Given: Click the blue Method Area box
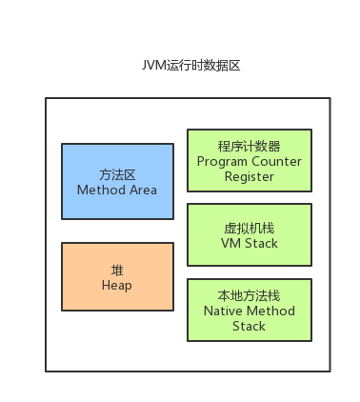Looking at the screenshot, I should (117, 182).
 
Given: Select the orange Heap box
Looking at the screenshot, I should (117, 276).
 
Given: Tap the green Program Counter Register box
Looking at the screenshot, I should (249, 162).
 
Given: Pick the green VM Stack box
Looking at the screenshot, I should (249, 235).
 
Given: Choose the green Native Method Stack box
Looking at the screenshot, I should (249, 311).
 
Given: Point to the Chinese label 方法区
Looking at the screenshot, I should (117, 175).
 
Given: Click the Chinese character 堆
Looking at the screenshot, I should (117, 270).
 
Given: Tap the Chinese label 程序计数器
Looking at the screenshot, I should (249, 147).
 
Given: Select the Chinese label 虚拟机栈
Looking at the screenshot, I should (249, 229).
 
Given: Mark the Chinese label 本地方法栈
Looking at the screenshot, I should (249, 296).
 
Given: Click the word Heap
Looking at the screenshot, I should (117, 285).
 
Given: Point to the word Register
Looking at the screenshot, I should (249, 176).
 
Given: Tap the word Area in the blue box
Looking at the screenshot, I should (143, 190).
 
